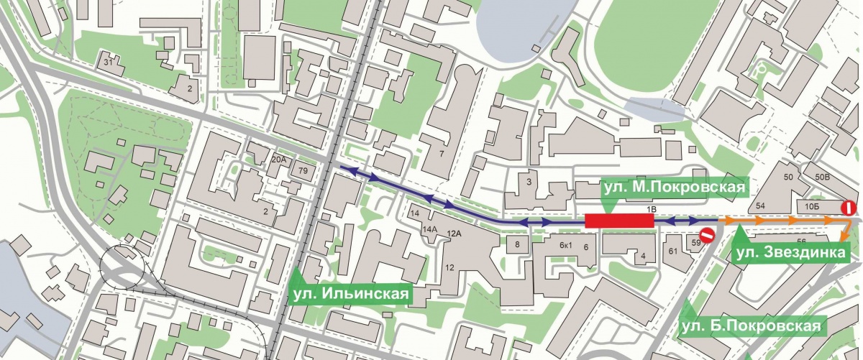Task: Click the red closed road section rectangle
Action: point(618,221)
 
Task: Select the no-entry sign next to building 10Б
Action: point(849,208)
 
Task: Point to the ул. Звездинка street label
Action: point(791,252)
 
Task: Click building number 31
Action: point(109,62)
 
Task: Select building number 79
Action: point(303,171)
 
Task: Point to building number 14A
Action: point(429,229)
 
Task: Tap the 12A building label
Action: point(453,234)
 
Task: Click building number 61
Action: point(673,251)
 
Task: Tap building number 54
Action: point(762,206)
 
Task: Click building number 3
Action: point(529,182)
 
